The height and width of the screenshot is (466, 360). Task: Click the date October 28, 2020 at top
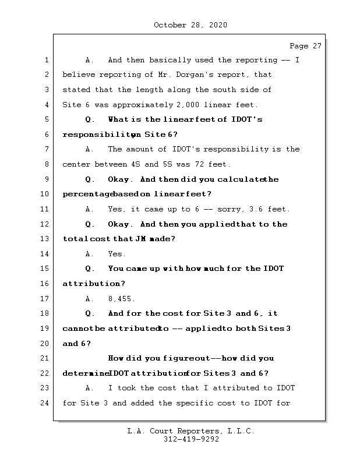pyautogui.click(x=190, y=25)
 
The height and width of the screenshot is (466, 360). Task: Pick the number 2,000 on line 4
pyautogui.click(x=189, y=105)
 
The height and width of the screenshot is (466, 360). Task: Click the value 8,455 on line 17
pyautogui.click(x=121, y=299)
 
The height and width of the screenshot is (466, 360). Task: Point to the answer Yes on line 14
pyautogui.click(x=116, y=254)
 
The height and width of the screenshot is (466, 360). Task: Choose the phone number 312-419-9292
pyautogui.click(x=191, y=440)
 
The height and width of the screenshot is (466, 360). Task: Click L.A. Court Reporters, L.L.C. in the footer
pyautogui.click(x=191, y=431)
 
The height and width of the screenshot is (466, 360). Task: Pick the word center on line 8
pyautogui.click(x=76, y=164)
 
